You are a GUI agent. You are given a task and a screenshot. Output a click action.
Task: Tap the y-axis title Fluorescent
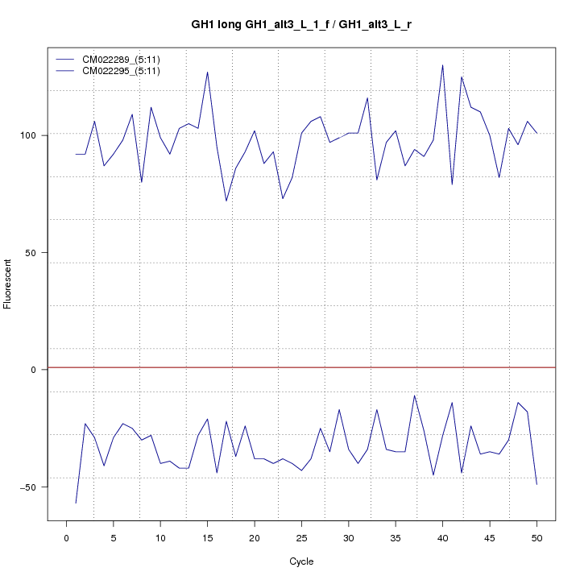(9, 284)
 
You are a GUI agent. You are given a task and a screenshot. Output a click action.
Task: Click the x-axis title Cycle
(301, 561)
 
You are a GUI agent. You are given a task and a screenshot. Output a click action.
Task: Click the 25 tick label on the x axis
(301, 537)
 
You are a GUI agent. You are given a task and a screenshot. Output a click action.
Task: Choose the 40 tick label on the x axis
(442, 537)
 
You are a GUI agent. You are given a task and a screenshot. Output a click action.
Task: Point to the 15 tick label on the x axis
(207, 537)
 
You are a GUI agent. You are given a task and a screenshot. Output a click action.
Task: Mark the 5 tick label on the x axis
(114, 537)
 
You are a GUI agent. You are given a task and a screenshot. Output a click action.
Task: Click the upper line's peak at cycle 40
(442, 65)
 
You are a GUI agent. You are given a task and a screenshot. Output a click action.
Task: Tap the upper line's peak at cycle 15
(207, 72)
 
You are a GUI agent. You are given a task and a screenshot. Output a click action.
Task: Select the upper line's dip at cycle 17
(226, 201)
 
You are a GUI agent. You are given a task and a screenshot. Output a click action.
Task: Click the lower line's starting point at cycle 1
(76, 503)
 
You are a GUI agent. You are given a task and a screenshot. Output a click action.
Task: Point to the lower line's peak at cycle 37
(414, 396)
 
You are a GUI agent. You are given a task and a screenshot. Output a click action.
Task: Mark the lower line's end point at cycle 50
(536, 484)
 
